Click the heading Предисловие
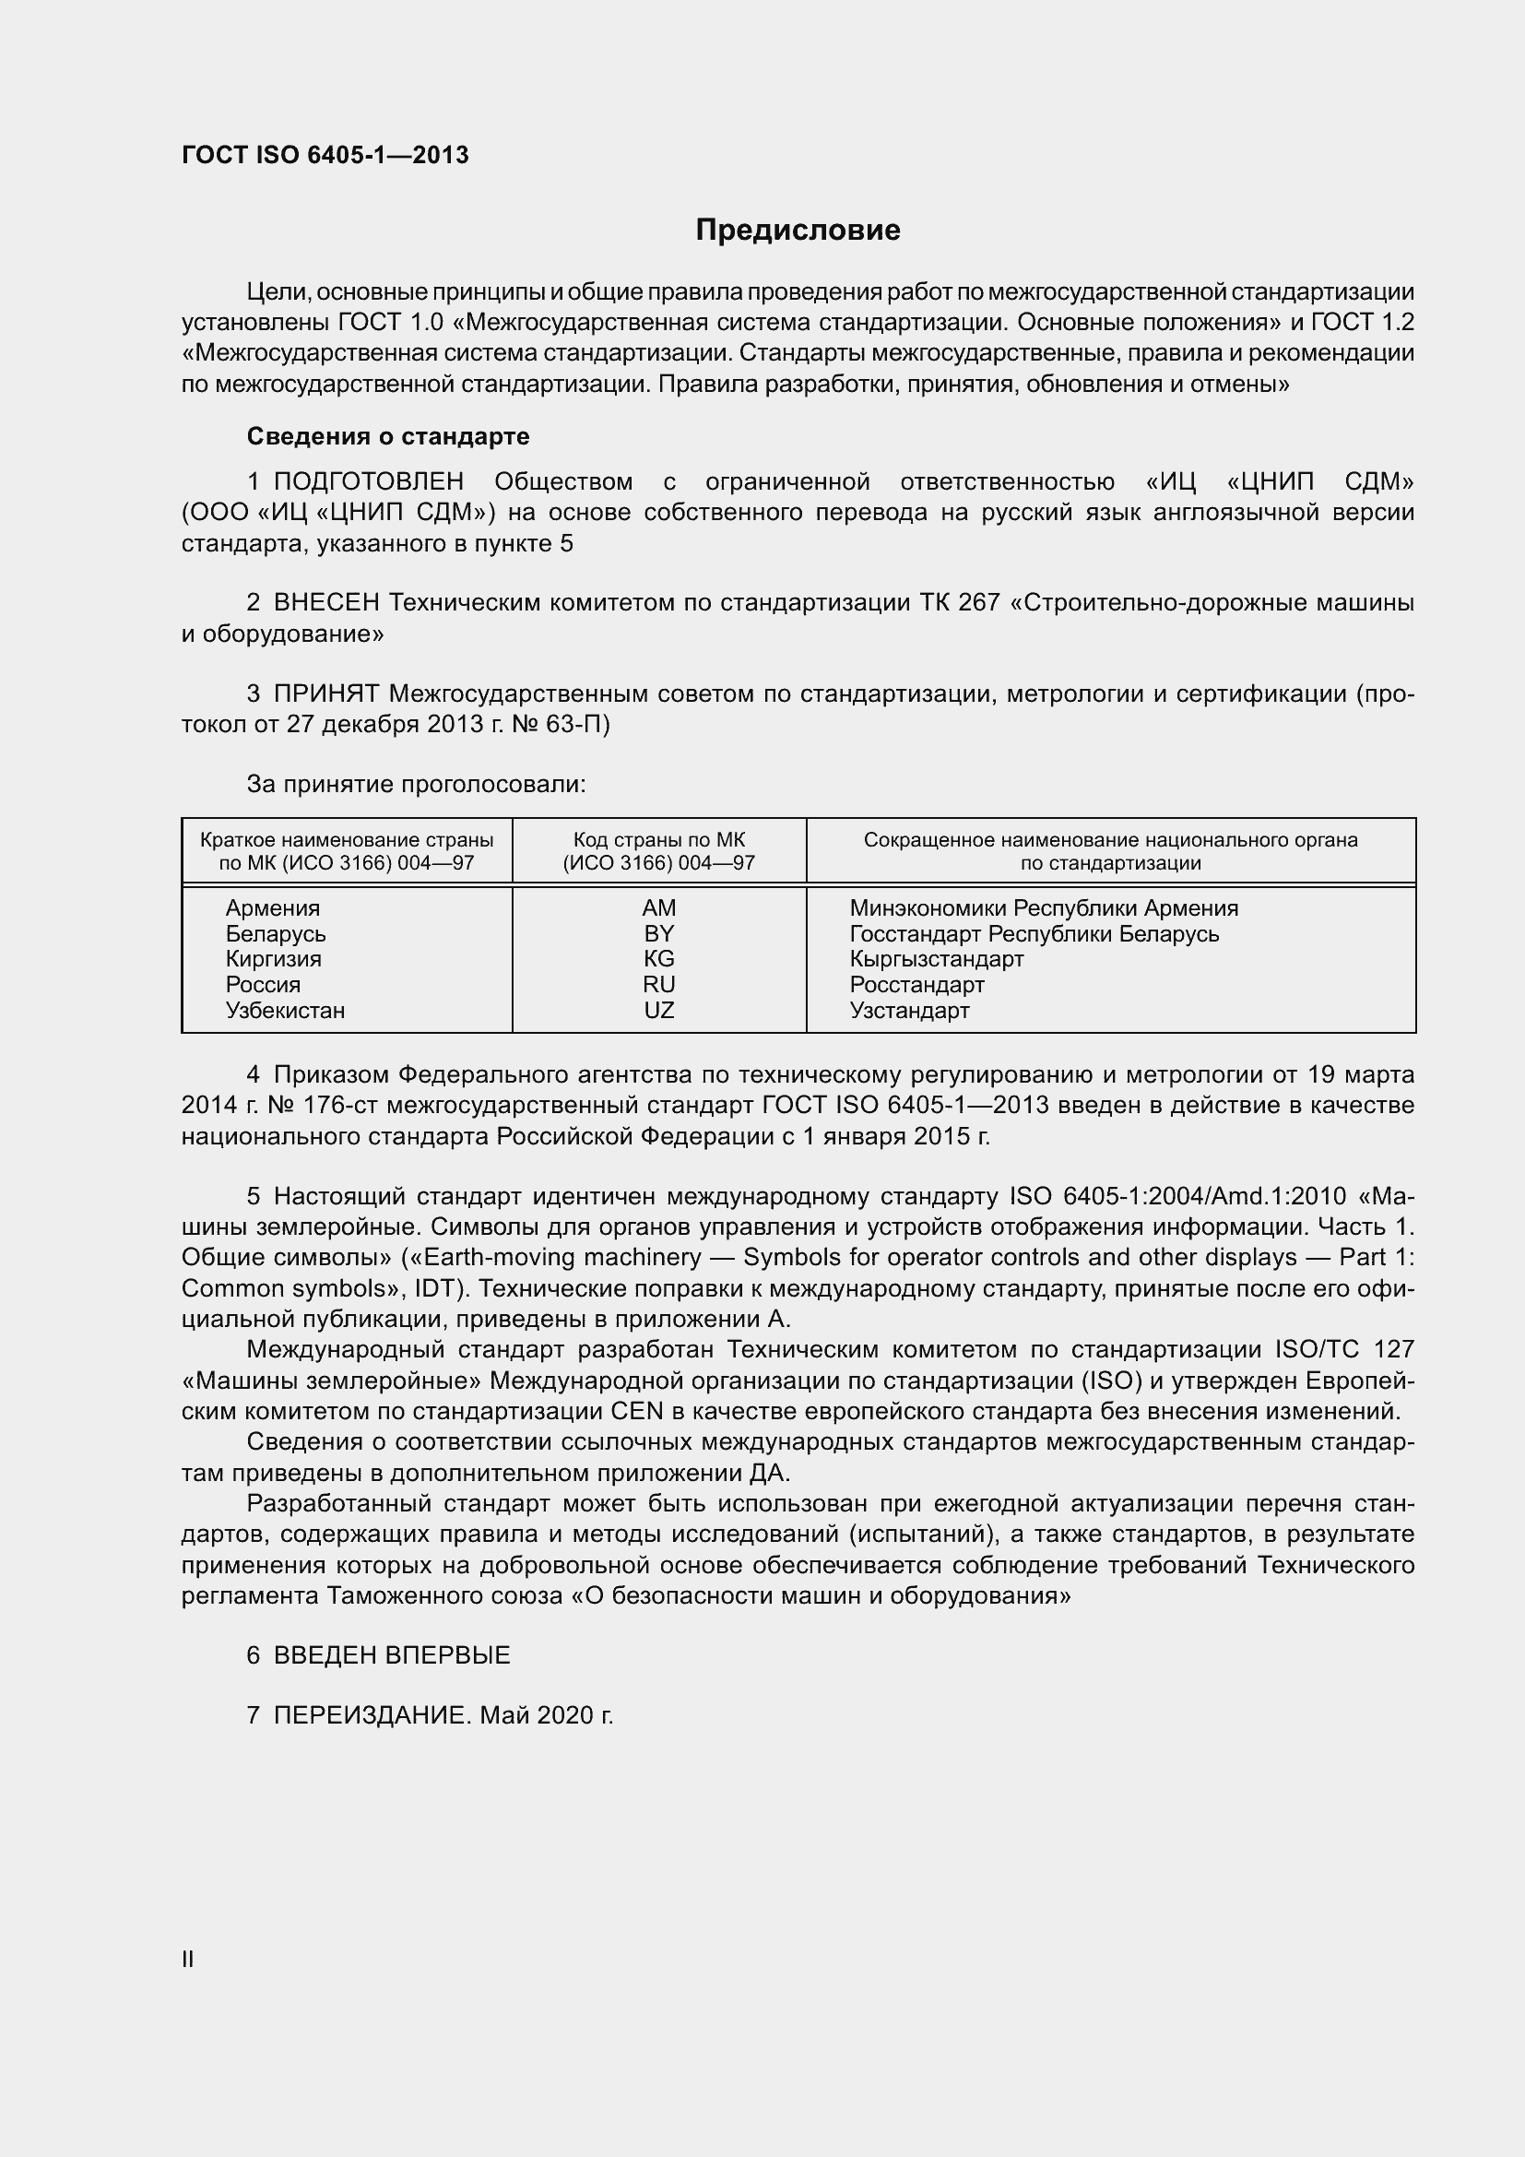pos(798,231)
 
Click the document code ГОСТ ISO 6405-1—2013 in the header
pos(325,155)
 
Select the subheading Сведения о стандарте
pos(388,436)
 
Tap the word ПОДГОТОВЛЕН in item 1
pos(369,482)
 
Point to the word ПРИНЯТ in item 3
pos(326,694)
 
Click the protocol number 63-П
pos(577,724)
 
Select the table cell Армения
pos(272,908)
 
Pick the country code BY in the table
pos(659,934)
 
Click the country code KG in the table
pos(659,959)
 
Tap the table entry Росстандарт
pos(916,985)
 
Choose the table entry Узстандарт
pos(909,1011)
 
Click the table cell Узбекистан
pos(285,1011)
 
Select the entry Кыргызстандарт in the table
pos(936,959)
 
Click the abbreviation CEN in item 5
pos(637,1412)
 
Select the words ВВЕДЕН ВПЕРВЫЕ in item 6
pos(392,1655)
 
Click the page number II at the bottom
pos(188,1960)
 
